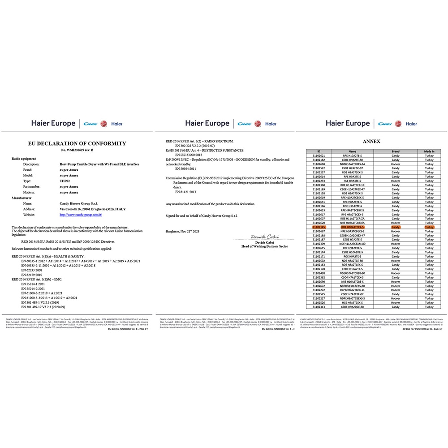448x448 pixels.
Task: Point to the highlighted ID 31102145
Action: [x=319, y=227]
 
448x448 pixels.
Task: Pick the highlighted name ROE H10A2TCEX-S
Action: [x=353, y=227]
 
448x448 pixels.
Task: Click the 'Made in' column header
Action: [x=429, y=151]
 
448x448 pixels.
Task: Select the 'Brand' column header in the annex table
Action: [x=396, y=151]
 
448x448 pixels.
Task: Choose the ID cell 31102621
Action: [x=319, y=155]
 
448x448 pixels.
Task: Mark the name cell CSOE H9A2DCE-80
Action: [x=353, y=307]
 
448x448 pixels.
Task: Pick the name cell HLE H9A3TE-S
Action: [x=353, y=181]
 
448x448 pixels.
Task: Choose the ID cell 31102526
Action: [x=319, y=302]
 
